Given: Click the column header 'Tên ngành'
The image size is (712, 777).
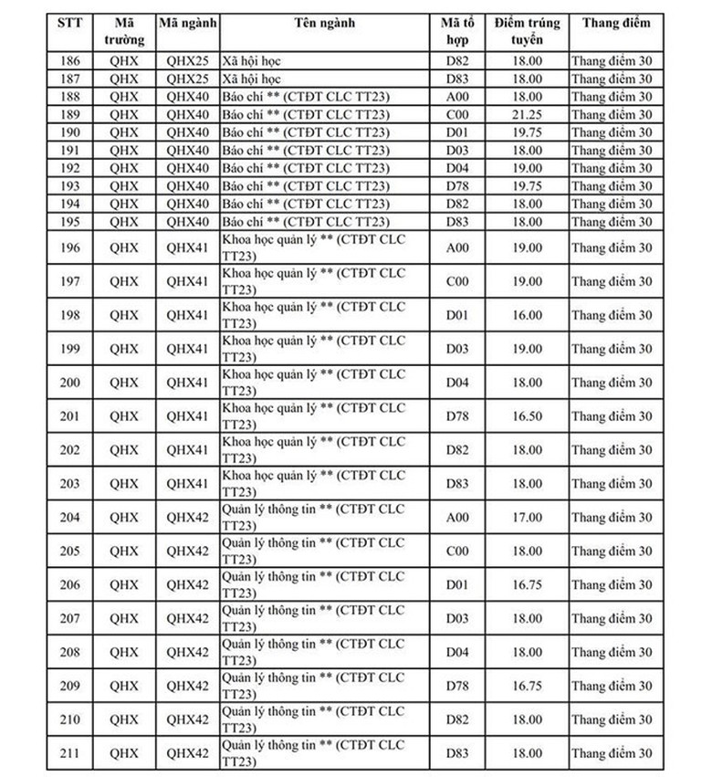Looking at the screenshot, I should tap(325, 23).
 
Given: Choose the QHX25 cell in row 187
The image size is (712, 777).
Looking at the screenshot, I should tap(188, 79).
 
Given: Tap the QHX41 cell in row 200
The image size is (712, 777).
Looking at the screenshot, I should tap(188, 383).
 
